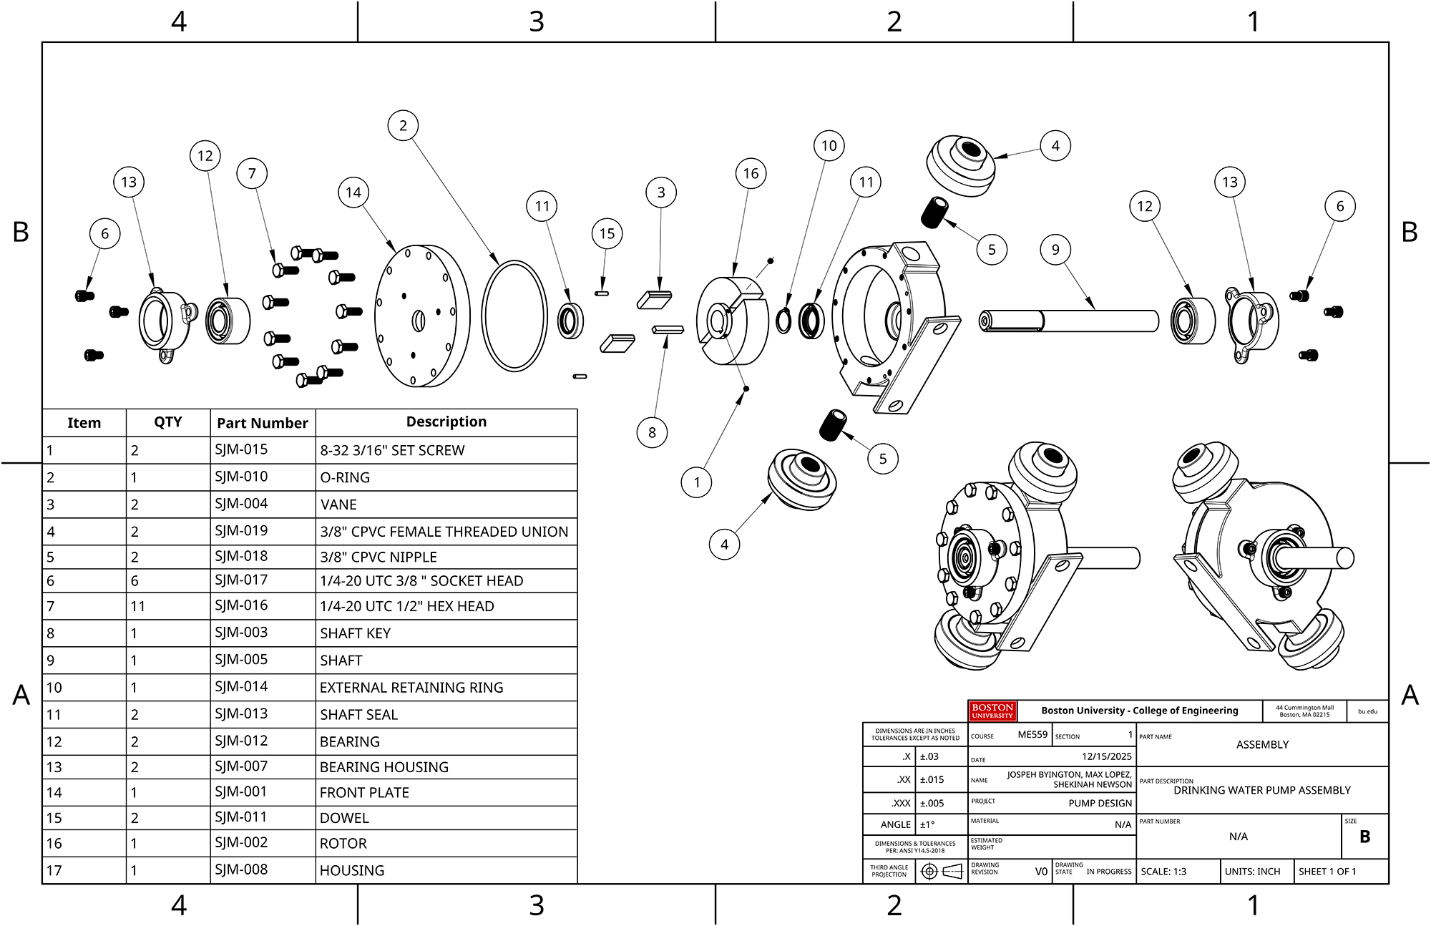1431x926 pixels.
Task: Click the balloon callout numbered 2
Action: [x=403, y=126]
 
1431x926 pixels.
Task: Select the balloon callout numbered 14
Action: [x=353, y=192]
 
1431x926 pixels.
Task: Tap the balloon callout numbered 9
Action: [x=1055, y=250]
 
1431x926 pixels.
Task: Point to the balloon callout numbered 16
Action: [x=751, y=174]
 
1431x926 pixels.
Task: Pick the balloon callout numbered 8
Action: [x=652, y=432]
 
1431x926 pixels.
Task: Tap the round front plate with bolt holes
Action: [x=421, y=316]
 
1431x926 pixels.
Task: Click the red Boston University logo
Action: [x=992, y=711]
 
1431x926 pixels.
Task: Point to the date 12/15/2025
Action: [x=1106, y=756]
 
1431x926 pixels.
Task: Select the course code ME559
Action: [x=1032, y=734]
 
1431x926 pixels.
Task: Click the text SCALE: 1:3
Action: [x=1163, y=872]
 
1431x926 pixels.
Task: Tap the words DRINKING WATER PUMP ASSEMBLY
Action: [x=1262, y=790]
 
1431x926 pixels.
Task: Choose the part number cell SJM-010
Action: [x=241, y=477]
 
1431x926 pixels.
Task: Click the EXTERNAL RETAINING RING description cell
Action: [x=411, y=688]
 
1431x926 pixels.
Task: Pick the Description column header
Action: [x=446, y=422]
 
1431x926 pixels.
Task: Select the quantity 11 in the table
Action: [x=137, y=606]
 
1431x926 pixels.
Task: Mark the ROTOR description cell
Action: [x=343, y=844]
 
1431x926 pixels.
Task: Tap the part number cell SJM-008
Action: [x=241, y=869]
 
